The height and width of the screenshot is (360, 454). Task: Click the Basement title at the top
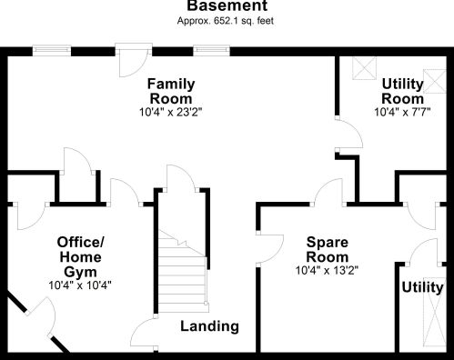click(x=227, y=5)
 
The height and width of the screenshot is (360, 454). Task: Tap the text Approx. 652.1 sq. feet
click(x=226, y=21)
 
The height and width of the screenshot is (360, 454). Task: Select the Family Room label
click(x=171, y=91)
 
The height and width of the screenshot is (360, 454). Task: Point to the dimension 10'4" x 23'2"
click(x=170, y=113)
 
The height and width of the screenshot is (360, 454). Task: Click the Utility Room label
click(x=402, y=91)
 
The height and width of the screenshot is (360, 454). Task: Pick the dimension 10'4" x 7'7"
click(x=402, y=112)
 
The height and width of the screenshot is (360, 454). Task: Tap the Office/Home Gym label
click(x=80, y=257)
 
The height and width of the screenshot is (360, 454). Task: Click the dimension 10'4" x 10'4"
click(x=80, y=285)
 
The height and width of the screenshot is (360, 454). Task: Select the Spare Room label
click(x=328, y=249)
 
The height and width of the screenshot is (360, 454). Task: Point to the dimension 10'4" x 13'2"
click(x=327, y=270)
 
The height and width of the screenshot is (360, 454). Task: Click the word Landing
click(x=209, y=326)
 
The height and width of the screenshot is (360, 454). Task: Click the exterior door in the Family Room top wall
click(x=134, y=61)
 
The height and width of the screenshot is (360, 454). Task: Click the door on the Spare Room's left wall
click(x=269, y=248)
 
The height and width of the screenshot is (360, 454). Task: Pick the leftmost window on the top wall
click(x=52, y=51)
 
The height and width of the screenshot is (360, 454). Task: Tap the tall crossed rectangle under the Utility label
click(x=435, y=312)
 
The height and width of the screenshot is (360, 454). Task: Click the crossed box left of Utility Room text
click(x=364, y=68)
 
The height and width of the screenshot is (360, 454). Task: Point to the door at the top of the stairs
click(x=181, y=178)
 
